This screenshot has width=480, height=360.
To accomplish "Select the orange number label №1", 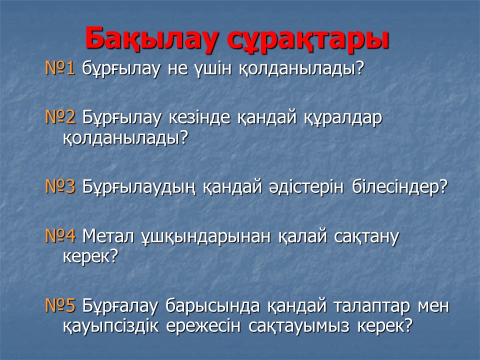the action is (x=60, y=68).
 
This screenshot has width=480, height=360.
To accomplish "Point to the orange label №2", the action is (x=60, y=116).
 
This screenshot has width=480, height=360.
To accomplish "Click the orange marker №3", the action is (x=60, y=186).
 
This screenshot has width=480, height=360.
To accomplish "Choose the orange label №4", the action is (x=60, y=236).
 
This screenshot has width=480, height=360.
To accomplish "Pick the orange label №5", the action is (x=60, y=305).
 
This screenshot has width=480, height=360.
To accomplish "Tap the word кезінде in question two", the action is (x=199, y=117).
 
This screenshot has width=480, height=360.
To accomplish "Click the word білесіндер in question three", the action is (x=400, y=186).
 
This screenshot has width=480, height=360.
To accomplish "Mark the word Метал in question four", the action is (x=108, y=236).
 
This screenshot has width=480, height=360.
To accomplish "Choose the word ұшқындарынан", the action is (x=206, y=237).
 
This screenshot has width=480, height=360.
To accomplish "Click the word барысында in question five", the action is (x=212, y=306).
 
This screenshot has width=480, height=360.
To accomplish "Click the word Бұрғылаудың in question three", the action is (x=138, y=187).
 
